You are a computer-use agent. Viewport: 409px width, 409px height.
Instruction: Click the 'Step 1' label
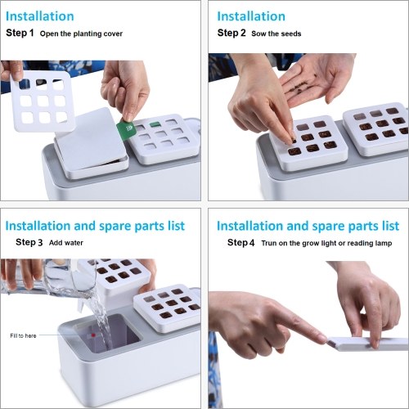(x=20, y=33)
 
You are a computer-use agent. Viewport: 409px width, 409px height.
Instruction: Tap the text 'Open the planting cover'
(x=81, y=34)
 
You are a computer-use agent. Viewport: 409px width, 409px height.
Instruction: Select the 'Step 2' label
(x=231, y=33)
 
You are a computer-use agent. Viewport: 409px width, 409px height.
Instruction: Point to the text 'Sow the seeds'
(x=276, y=34)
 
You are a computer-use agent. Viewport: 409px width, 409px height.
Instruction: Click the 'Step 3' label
(x=29, y=242)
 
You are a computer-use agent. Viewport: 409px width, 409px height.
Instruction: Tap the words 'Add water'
(x=66, y=243)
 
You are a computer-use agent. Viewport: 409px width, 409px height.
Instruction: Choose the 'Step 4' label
(x=240, y=242)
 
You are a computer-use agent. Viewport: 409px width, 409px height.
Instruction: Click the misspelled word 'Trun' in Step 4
(x=269, y=243)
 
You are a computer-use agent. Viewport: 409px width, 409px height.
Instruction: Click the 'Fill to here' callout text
(x=23, y=335)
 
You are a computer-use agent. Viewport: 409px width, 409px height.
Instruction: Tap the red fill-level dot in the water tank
(x=93, y=335)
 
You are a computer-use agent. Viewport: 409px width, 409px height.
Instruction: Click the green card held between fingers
(x=125, y=129)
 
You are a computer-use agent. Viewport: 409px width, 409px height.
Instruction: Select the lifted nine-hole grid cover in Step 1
(x=43, y=101)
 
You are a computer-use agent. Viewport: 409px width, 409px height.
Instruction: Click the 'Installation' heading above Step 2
(x=251, y=16)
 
